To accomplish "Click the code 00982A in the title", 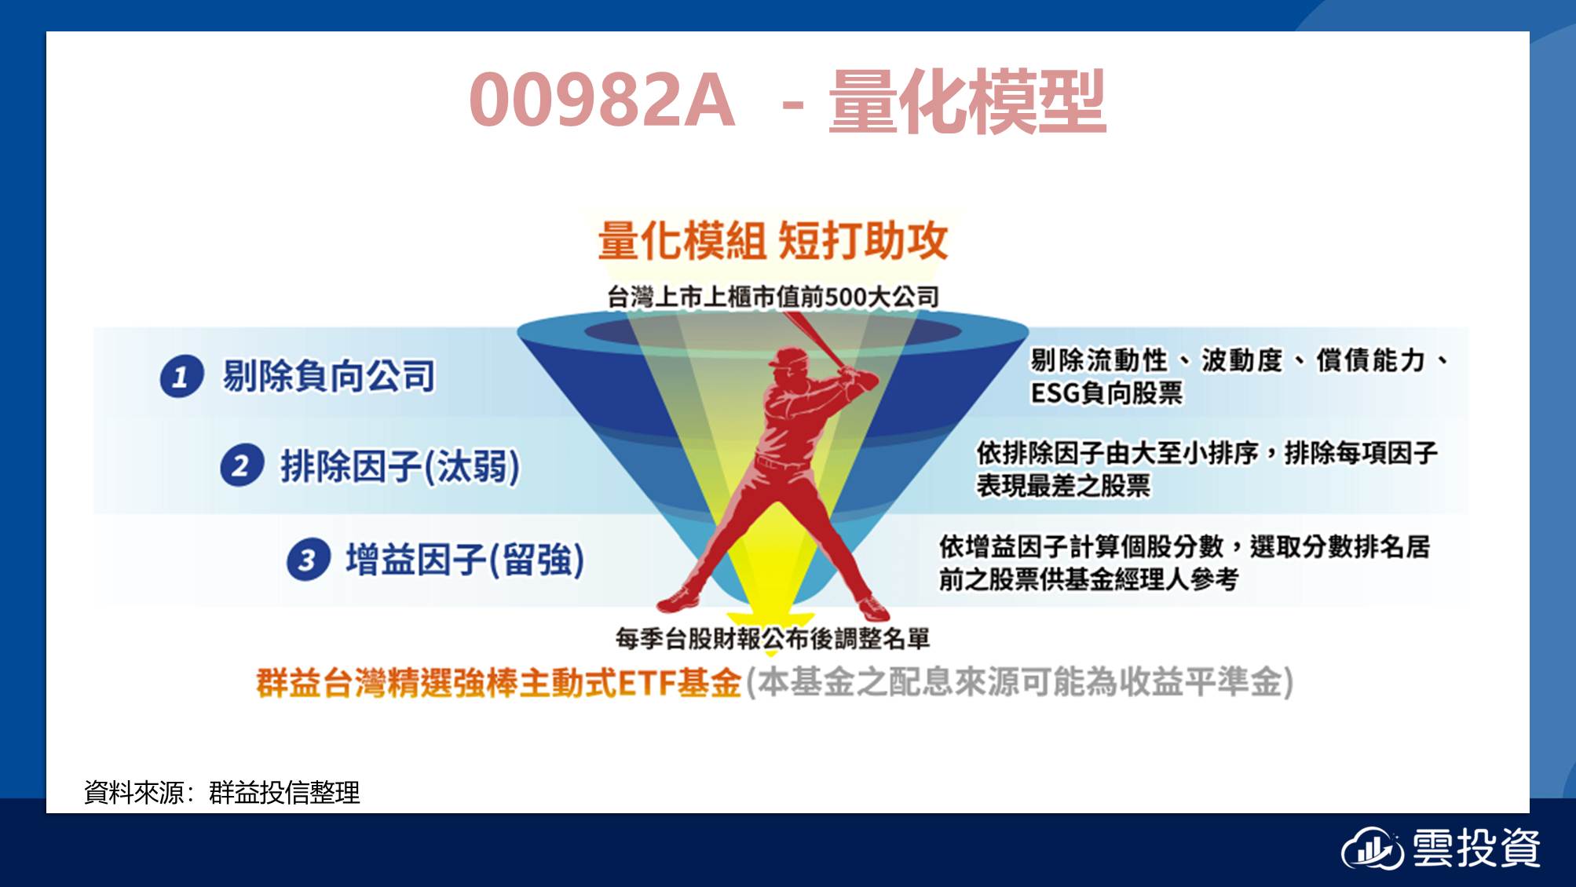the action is (x=602, y=100).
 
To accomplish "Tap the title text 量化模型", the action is (x=967, y=100).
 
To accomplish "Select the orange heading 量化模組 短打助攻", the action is (x=773, y=240).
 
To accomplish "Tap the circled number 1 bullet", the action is (x=181, y=376).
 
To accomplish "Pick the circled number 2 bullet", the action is (x=241, y=465).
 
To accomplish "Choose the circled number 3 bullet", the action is (x=307, y=560).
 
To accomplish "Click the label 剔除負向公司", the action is (x=328, y=375).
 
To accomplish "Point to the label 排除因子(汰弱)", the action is (x=400, y=465).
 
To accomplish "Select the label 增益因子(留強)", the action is (x=466, y=560).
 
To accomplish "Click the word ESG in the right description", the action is (x=1055, y=392).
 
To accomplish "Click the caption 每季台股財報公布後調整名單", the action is (x=773, y=638).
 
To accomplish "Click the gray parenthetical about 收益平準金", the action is (x=1019, y=681).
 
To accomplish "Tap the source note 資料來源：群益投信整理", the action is (x=222, y=792).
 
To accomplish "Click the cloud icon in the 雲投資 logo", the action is (x=1372, y=849).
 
